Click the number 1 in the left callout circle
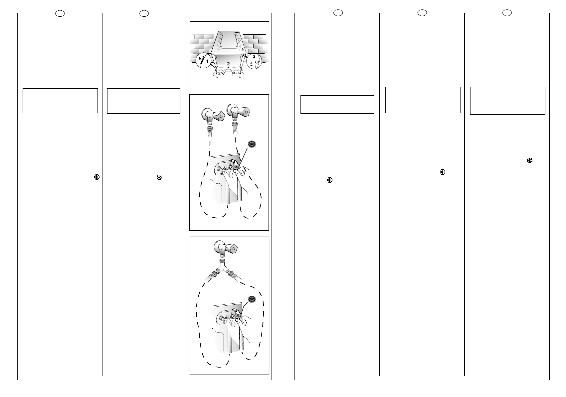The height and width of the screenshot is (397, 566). (x=207, y=61)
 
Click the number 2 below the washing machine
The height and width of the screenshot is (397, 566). (x=228, y=64)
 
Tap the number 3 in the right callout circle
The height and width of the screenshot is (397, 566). (x=254, y=56)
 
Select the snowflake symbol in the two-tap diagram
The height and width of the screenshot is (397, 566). (x=252, y=144)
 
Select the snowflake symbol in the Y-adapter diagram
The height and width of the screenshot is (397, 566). (x=252, y=299)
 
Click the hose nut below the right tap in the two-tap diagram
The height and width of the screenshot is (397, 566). (x=235, y=125)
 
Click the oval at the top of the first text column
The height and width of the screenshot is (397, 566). (x=60, y=13)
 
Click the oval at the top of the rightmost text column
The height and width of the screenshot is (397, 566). (x=507, y=13)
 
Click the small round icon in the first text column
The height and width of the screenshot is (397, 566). (x=97, y=177)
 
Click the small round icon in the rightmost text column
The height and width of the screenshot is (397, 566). (x=530, y=160)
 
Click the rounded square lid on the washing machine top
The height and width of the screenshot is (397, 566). (x=229, y=41)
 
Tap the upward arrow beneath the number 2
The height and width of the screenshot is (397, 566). (x=228, y=68)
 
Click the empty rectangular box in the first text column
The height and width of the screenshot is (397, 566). (x=60, y=101)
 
